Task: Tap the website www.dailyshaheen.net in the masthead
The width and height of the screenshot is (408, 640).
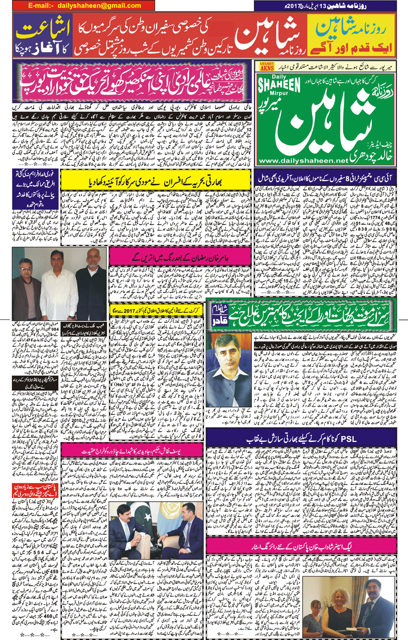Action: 303,161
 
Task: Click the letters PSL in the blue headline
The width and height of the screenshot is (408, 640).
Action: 349,439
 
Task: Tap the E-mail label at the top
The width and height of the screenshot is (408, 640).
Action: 41,5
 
